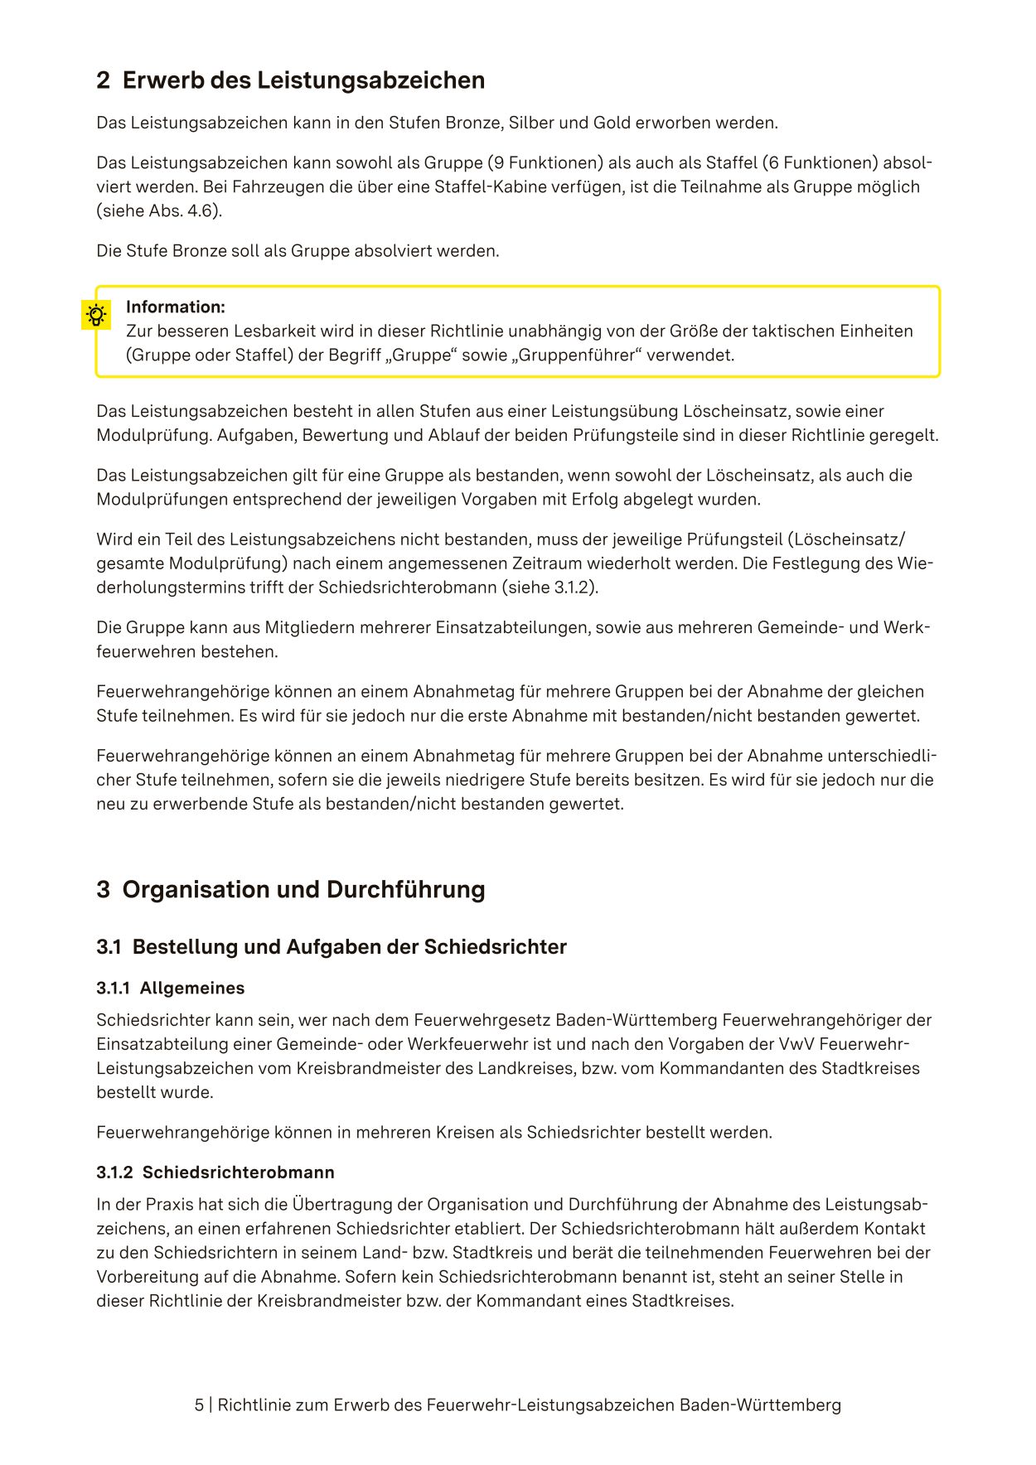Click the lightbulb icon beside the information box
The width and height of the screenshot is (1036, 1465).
pos(96,316)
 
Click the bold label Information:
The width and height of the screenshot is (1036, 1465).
pos(175,307)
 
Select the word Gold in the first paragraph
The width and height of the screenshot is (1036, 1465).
pos(612,123)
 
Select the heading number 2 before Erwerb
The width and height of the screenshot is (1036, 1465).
pos(103,80)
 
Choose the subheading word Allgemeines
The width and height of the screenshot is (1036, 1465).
pos(191,989)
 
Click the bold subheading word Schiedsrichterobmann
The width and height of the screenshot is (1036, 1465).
pos(238,1172)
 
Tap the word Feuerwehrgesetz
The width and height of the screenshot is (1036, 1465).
pos(482,1021)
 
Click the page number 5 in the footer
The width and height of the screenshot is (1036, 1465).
pos(199,1405)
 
